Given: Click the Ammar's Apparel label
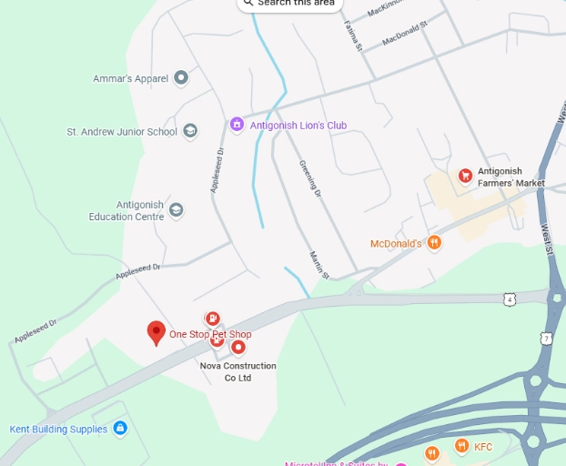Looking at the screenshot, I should (131, 78).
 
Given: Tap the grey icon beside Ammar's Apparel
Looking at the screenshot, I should (181, 78).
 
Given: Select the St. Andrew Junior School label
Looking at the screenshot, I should (122, 132).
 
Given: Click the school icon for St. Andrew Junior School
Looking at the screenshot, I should (190, 131).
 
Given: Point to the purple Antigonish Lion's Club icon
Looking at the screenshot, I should (237, 125).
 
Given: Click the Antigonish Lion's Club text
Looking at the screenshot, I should (298, 126).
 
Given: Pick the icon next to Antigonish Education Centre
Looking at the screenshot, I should (176, 210).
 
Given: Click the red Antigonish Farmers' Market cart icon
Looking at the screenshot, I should (465, 175).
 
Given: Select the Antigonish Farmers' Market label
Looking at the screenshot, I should (511, 177).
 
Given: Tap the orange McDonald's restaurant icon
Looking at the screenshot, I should (435, 243).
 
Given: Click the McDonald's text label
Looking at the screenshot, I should (396, 244).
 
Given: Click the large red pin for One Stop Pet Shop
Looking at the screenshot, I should (156, 332).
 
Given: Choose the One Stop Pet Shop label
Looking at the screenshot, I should (210, 335).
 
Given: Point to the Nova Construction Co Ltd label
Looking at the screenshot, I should (238, 371).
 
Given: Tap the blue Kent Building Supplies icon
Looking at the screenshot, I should (120, 429).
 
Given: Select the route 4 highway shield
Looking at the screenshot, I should (510, 299).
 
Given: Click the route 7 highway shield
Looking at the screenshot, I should (546, 339).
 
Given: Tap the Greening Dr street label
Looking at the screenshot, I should (310, 179).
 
